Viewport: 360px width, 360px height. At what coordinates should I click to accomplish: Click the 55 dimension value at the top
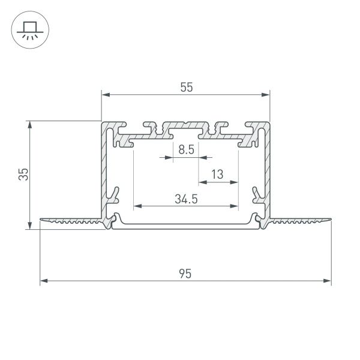[186, 86]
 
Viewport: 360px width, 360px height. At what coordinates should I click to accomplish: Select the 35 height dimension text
[22, 174]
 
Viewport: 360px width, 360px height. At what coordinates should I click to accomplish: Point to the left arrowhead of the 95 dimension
[44, 281]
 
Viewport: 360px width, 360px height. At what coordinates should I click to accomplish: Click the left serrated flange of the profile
[72, 222]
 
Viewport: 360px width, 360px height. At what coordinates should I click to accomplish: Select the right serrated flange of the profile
[300, 222]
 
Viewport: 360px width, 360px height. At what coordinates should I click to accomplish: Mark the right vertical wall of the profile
[266, 174]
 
